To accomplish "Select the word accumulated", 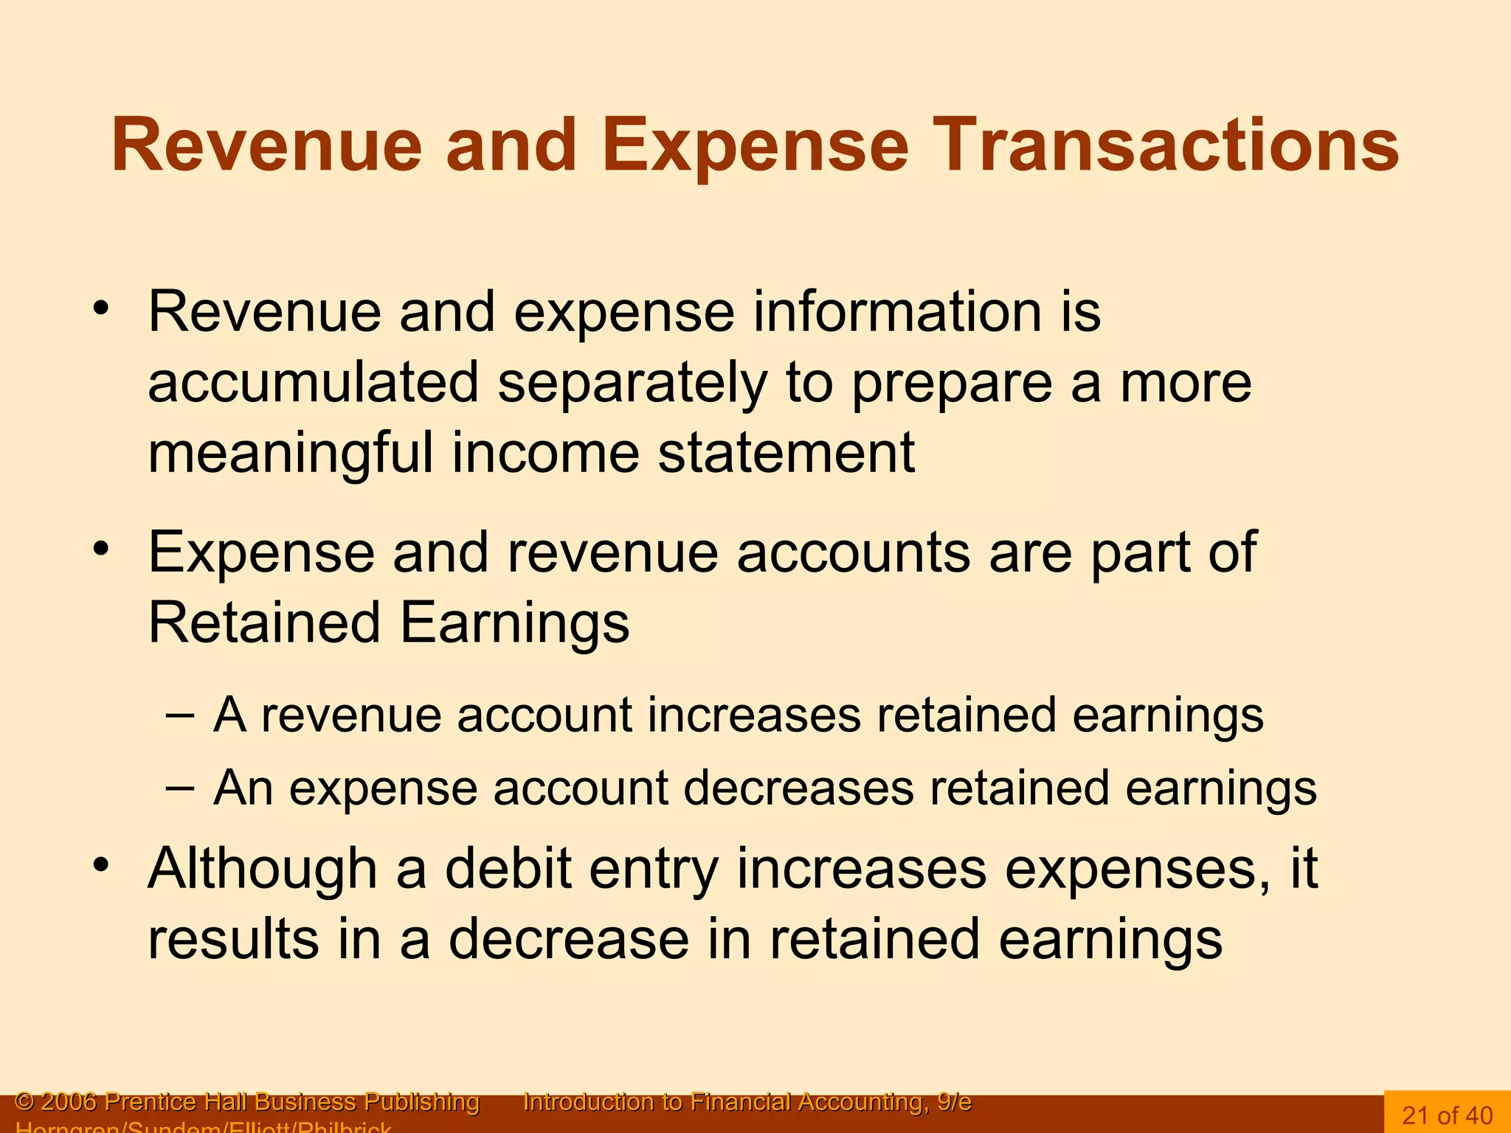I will (314, 382).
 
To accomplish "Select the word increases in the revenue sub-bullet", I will (754, 715).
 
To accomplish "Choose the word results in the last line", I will (232, 939).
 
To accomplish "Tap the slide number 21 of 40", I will (1447, 1114).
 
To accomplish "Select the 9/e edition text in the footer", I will (954, 1101).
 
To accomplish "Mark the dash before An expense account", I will (180, 786).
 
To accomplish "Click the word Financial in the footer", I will (741, 1101).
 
